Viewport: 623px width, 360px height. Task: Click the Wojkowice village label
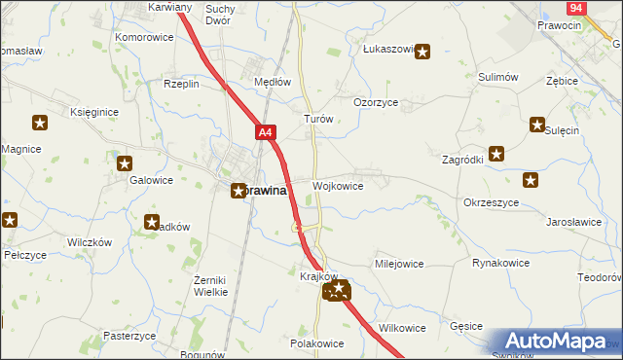[339, 186]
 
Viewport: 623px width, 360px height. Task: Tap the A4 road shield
[267, 130]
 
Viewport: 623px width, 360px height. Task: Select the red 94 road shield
[577, 7]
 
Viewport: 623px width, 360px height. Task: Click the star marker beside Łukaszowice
[422, 53]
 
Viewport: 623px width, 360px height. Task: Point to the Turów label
[319, 119]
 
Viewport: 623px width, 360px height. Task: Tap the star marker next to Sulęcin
[536, 124]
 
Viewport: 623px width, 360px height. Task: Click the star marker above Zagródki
[496, 153]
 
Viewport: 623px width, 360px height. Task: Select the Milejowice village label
[399, 264]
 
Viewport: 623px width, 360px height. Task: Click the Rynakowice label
[500, 263]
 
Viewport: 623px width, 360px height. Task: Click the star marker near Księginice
[40, 123]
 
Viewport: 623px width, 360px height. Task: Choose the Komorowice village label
[144, 37]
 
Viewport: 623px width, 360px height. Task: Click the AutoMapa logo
[555, 341]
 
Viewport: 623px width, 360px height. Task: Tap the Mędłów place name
[273, 83]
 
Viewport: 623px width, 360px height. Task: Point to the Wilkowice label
[402, 328]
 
